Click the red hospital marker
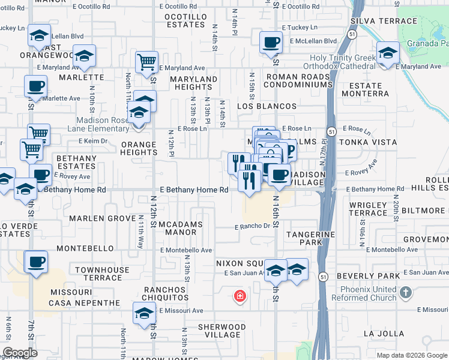click(x=240, y=296)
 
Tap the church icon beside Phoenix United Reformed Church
click(x=406, y=293)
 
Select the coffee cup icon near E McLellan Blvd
click(x=271, y=43)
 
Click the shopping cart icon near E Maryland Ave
click(x=146, y=62)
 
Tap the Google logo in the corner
click(x=20, y=353)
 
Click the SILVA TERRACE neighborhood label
click(x=387, y=20)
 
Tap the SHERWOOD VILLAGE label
click(x=222, y=331)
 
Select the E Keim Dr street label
click(x=92, y=141)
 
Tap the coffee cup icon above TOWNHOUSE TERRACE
click(x=35, y=262)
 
